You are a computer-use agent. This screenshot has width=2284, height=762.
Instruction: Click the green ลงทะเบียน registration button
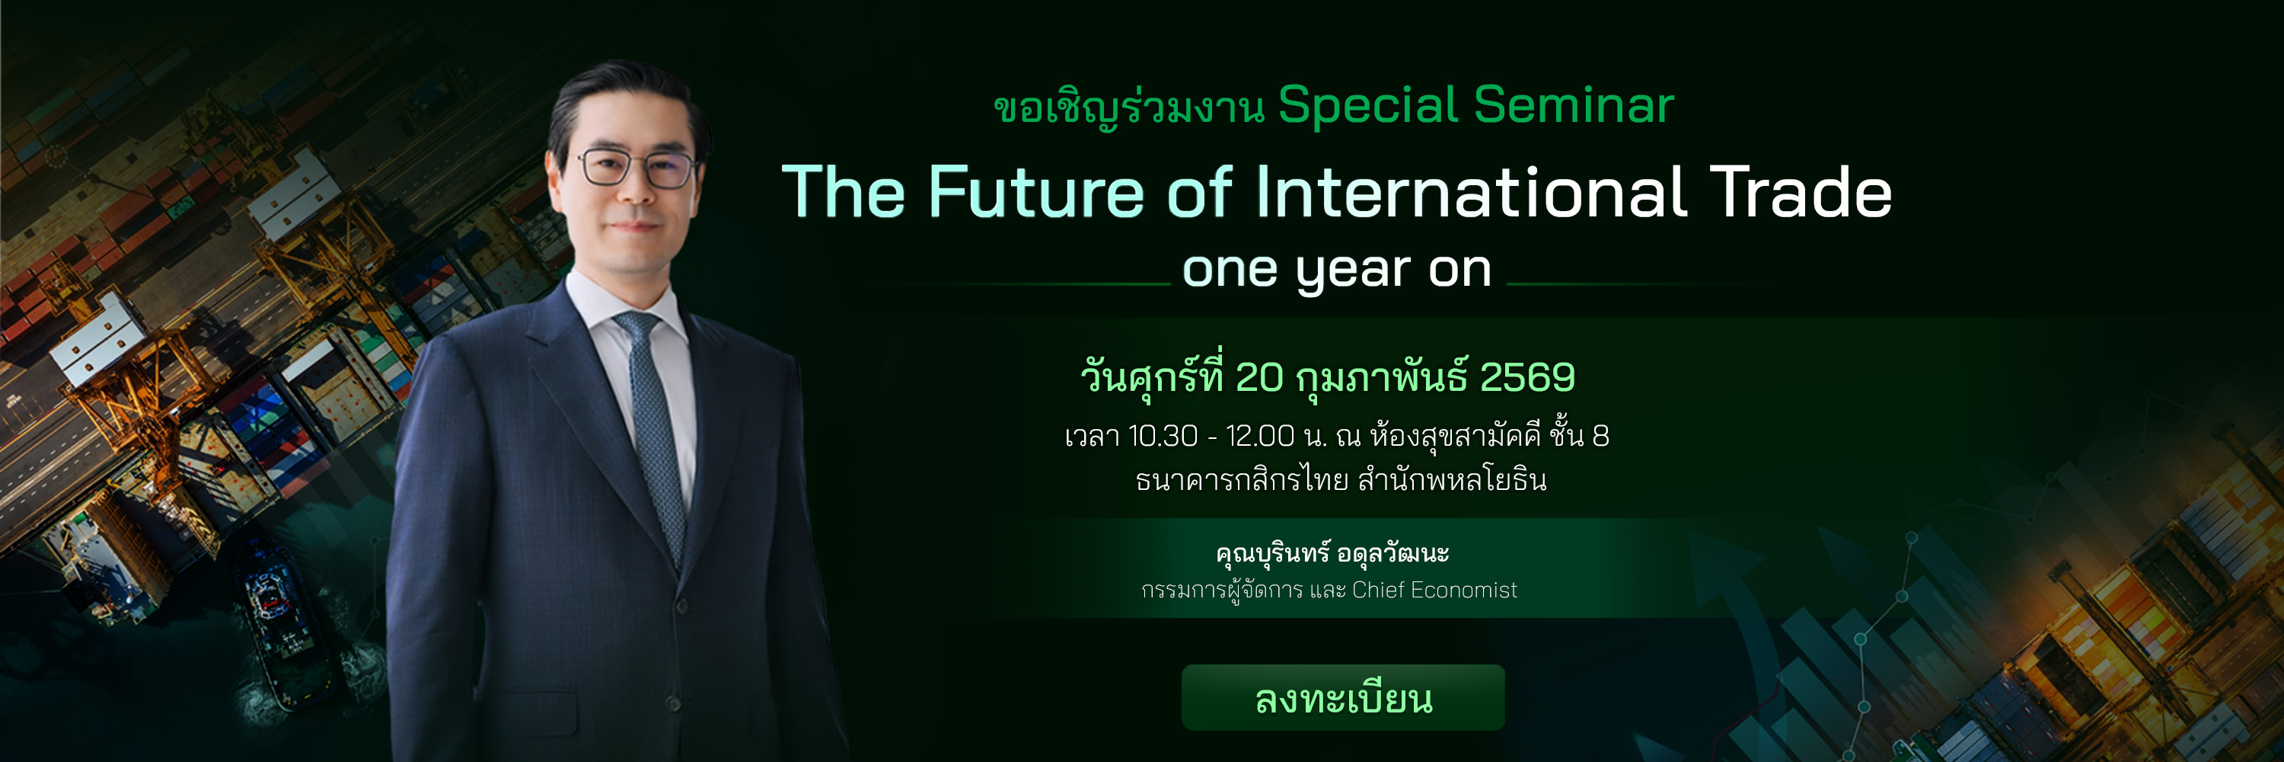[1342, 697]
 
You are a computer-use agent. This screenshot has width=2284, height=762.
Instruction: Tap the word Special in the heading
[1368, 107]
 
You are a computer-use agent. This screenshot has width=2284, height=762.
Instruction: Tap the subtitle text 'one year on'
[1336, 270]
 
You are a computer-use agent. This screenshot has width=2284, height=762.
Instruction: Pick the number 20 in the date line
[1259, 378]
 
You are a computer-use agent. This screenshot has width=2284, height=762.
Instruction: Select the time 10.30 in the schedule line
[1163, 437]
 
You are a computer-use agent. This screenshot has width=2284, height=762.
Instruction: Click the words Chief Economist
[1434, 590]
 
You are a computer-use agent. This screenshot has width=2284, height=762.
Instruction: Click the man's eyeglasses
[636, 167]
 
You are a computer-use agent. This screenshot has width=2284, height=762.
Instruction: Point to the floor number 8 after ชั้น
[1600, 437]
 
